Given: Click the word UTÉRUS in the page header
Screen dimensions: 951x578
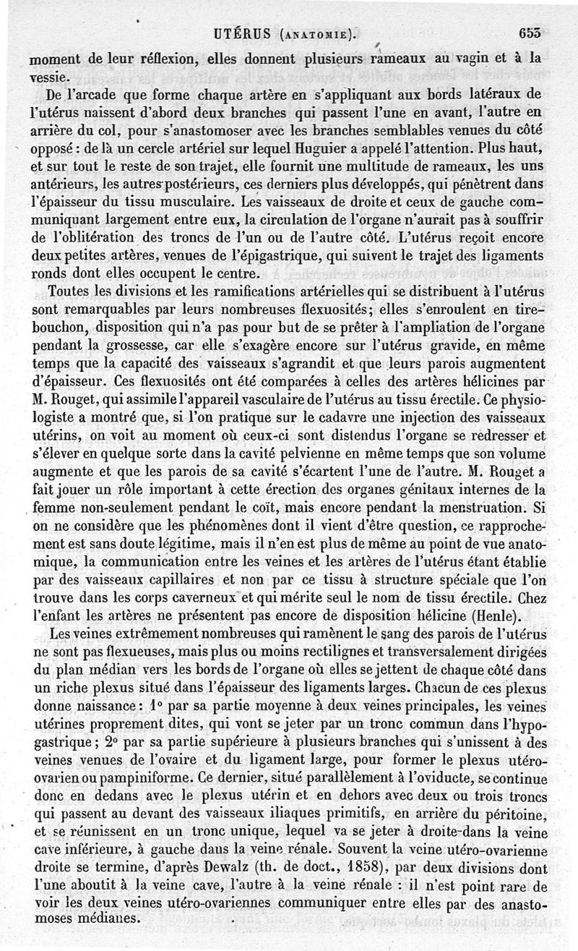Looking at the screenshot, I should [243, 32].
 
